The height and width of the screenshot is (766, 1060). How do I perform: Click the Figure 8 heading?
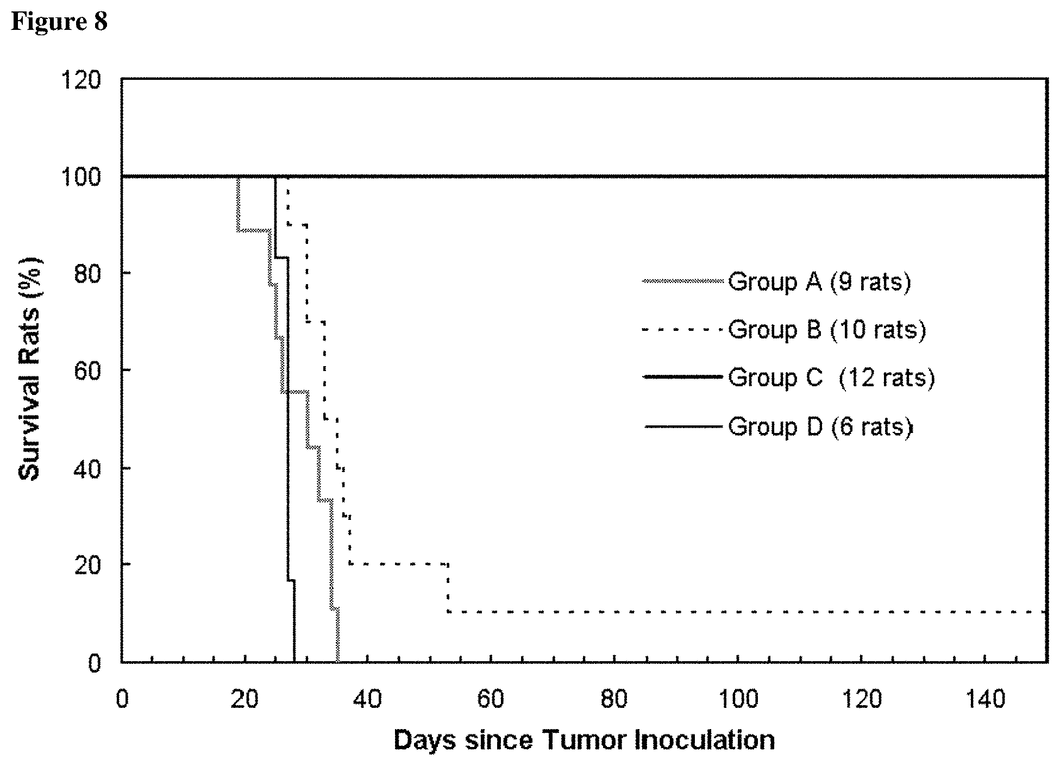click(59, 22)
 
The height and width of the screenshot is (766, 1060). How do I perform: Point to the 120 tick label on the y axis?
click(81, 80)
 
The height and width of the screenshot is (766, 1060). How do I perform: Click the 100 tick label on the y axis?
click(81, 177)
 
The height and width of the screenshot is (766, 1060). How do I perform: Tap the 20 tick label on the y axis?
click(88, 564)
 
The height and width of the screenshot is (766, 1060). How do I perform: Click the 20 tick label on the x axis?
click(244, 699)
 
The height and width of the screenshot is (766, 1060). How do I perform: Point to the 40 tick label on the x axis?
click(368, 699)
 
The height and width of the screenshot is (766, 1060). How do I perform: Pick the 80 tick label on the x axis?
click(614, 699)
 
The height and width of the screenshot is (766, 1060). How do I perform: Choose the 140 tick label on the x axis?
click(985, 699)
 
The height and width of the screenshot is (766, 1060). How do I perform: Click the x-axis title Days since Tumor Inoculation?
click(584, 740)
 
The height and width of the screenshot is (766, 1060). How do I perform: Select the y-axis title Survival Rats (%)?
click(30, 369)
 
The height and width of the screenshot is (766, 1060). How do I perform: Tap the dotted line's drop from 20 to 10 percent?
click(448, 588)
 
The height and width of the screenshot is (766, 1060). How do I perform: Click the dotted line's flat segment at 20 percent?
click(399, 564)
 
